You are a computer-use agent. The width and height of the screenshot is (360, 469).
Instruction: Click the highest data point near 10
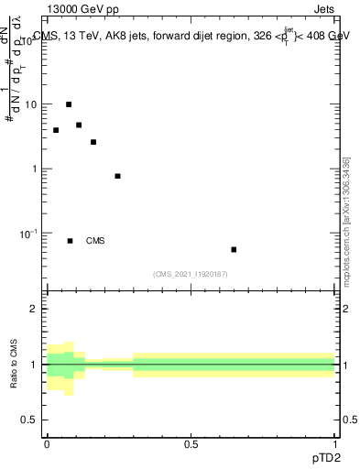click(69, 104)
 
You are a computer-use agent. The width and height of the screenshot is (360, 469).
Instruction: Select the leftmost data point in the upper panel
click(56, 130)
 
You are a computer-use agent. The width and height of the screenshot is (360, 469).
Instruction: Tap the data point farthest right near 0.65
click(234, 249)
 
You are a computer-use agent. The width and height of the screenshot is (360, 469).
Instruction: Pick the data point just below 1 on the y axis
click(117, 176)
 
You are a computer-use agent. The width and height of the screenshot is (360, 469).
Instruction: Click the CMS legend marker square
click(70, 241)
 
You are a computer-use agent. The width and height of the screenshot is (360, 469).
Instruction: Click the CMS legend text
click(95, 241)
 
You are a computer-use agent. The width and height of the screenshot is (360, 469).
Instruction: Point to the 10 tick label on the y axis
click(30, 104)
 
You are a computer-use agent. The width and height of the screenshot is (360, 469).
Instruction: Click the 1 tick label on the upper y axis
click(34, 169)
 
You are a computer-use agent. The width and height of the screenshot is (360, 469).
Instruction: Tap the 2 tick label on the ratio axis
click(34, 309)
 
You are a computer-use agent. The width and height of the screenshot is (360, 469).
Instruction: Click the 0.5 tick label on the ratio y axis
click(29, 420)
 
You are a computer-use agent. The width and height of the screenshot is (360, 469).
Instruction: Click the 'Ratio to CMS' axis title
click(15, 365)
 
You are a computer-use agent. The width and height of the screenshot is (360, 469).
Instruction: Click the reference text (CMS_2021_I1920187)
click(191, 274)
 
